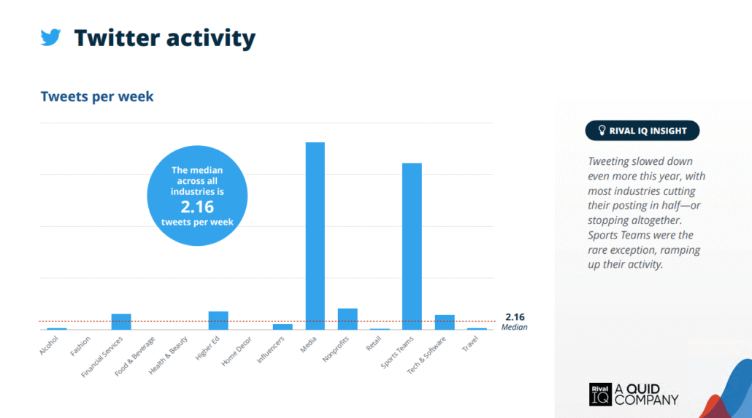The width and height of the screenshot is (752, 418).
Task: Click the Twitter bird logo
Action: [x=51, y=37]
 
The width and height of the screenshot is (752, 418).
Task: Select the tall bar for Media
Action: [x=315, y=236]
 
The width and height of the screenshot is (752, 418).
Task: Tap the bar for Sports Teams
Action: [x=412, y=247]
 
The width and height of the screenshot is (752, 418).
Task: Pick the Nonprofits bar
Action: [x=348, y=320]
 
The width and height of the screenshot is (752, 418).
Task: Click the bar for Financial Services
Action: [x=121, y=322]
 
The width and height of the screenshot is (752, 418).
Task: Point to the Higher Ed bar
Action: [x=218, y=321]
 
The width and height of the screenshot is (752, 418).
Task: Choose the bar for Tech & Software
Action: [x=445, y=322]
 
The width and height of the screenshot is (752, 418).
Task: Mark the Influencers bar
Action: [x=283, y=327]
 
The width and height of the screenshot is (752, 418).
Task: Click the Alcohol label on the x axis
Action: [x=49, y=345]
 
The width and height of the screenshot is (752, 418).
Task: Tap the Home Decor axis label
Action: [x=237, y=352]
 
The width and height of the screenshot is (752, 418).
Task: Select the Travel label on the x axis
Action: [x=470, y=343]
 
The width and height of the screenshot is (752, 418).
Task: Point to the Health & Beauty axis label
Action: [x=168, y=355]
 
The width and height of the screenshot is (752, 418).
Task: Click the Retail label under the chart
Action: [x=374, y=343]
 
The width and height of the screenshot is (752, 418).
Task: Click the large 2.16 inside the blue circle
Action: [x=197, y=207]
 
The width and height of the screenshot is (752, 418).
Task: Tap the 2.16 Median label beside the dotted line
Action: [x=515, y=322]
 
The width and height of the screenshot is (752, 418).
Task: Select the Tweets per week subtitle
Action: [x=97, y=96]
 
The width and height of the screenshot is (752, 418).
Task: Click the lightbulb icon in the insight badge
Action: [x=602, y=131]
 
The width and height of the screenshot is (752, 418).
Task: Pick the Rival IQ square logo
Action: [x=600, y=395]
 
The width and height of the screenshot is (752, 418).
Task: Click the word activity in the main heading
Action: [x=211, y=39]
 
